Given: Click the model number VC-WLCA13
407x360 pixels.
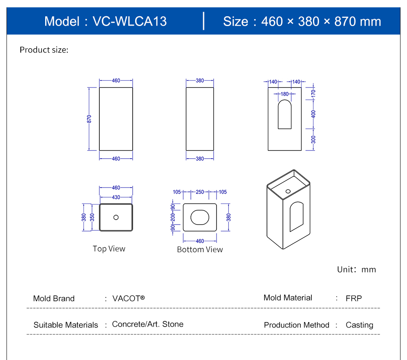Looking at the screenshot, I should (129, 21).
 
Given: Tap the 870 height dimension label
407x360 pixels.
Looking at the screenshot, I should (89, 119).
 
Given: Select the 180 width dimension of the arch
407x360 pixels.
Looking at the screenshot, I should (285, 94).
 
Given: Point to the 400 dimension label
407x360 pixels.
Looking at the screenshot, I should (313, 113).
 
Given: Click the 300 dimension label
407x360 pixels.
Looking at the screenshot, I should (313, 140).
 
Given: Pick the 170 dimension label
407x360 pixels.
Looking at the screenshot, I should (313, 92).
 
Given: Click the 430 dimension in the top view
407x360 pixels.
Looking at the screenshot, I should (116, 197).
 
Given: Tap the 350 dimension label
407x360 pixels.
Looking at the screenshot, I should (92, 217).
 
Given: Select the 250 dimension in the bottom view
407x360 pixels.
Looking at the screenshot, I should (200, 192).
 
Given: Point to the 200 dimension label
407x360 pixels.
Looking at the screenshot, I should (173, 217).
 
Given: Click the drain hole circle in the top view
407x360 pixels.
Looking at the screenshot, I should (116, 217).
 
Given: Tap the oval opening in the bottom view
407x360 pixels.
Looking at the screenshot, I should (200, 217).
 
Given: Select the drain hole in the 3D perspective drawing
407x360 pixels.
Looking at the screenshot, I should (288, 191).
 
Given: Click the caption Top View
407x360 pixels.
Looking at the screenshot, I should (109, 249).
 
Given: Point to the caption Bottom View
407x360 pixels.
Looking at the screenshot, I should (200, 249).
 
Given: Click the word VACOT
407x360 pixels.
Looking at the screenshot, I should (127, 298).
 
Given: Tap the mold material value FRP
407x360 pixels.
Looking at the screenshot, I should (354, 298).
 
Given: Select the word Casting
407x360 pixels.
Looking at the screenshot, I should (359, 325).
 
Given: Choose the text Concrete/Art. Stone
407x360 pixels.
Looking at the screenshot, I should (148, 324).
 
